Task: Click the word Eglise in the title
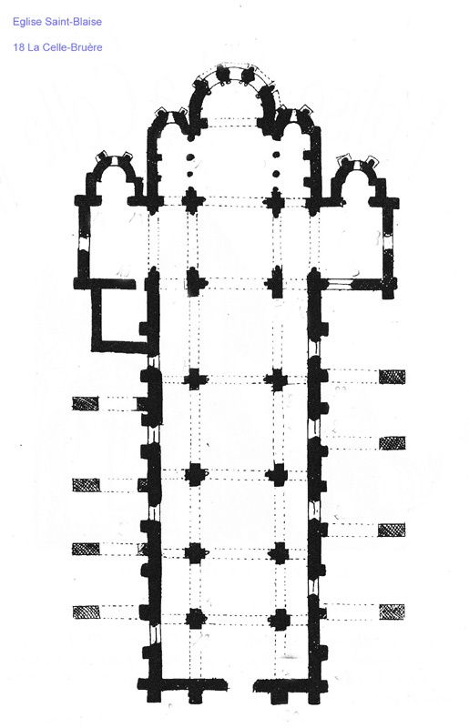pos(26,22)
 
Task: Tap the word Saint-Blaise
pos(72,21)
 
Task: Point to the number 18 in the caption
pos(18,47)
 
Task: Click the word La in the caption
pos(33,47)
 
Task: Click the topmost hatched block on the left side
pos(86,403)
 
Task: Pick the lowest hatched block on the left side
pos(87,612)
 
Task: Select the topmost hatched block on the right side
pos(392,377)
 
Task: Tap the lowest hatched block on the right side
pos(392,612)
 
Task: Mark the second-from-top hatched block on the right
pos(392,443)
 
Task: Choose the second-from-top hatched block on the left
pos(86,485)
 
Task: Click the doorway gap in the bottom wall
pos(240,686)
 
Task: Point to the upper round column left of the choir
pos(189,157)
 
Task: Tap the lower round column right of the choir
pos(276,174)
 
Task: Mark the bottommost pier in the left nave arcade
pos(196,619)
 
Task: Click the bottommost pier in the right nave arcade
pos(280,620)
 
